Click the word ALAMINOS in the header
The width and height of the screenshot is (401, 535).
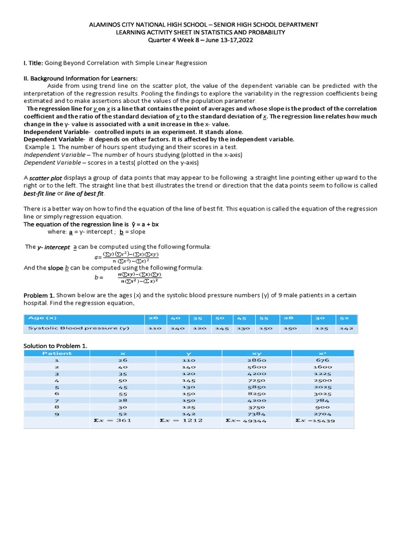pyautogui.click(x=105, y=25)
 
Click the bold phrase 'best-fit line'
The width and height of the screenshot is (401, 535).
pyautogui.click(x=39, y=194)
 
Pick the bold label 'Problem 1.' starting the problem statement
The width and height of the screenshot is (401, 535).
pyautogui.click(x=39, y=295)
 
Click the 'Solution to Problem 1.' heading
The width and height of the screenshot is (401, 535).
pyautogui.click(x=55, y=345)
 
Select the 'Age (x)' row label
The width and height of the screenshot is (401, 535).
pyautogui.click(x=43, y=318)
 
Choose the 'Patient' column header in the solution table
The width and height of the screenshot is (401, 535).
pyautogui.click(x=57, y=353)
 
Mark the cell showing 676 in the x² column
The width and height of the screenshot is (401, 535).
pyautogui.click(x=323, y=360)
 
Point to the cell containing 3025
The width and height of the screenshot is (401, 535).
pyautogui.click(x=323, y=393)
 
